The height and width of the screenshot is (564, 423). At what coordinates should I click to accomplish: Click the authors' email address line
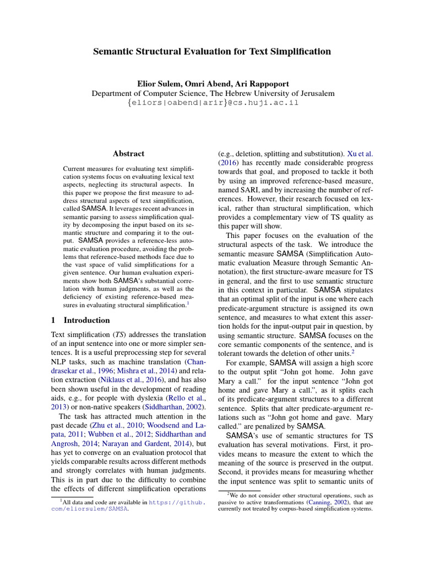click(x=212, y=103)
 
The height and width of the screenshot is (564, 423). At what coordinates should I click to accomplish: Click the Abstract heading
click(x=128, y=154)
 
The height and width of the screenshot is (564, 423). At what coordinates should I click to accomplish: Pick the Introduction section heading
click(x=86, y=320)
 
